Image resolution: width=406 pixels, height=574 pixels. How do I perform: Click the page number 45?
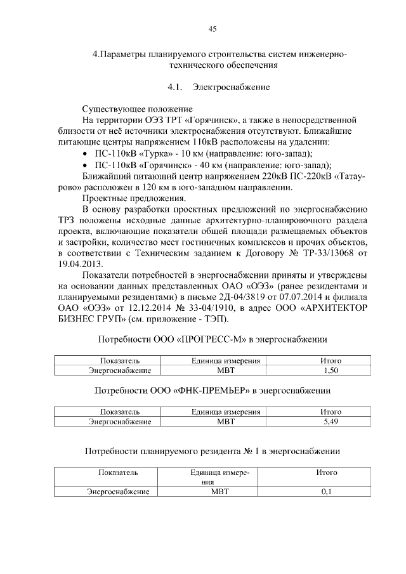pyautogui.click(x=213, y=28)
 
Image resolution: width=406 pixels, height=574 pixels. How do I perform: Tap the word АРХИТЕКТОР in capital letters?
pyautogui.click(x=320, y=308)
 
